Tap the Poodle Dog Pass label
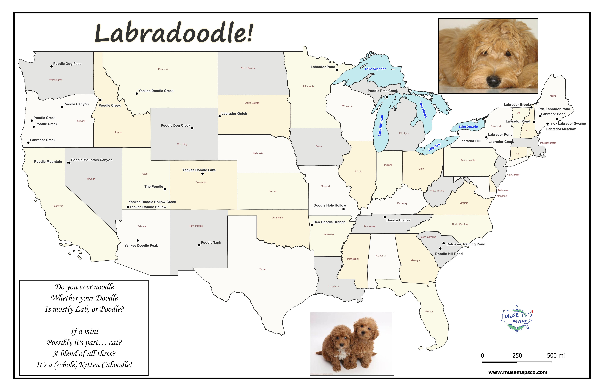[x=67, y=64]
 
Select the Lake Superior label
[x=375, y=69]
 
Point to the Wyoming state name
[x=182, y=144]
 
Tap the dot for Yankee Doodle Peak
[x=138, y=240]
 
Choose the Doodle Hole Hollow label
[x=330, y=205]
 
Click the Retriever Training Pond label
[x=466, y=244]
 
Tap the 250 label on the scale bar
[x=517, y=355]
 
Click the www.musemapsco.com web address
[x=518, y=373]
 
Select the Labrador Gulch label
[x=234, y=114]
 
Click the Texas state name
[x=263, y=269]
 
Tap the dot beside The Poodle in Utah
[x=165, y=189]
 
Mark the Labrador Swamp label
[x=572, y=124]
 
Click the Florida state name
[x=429, y=311]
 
